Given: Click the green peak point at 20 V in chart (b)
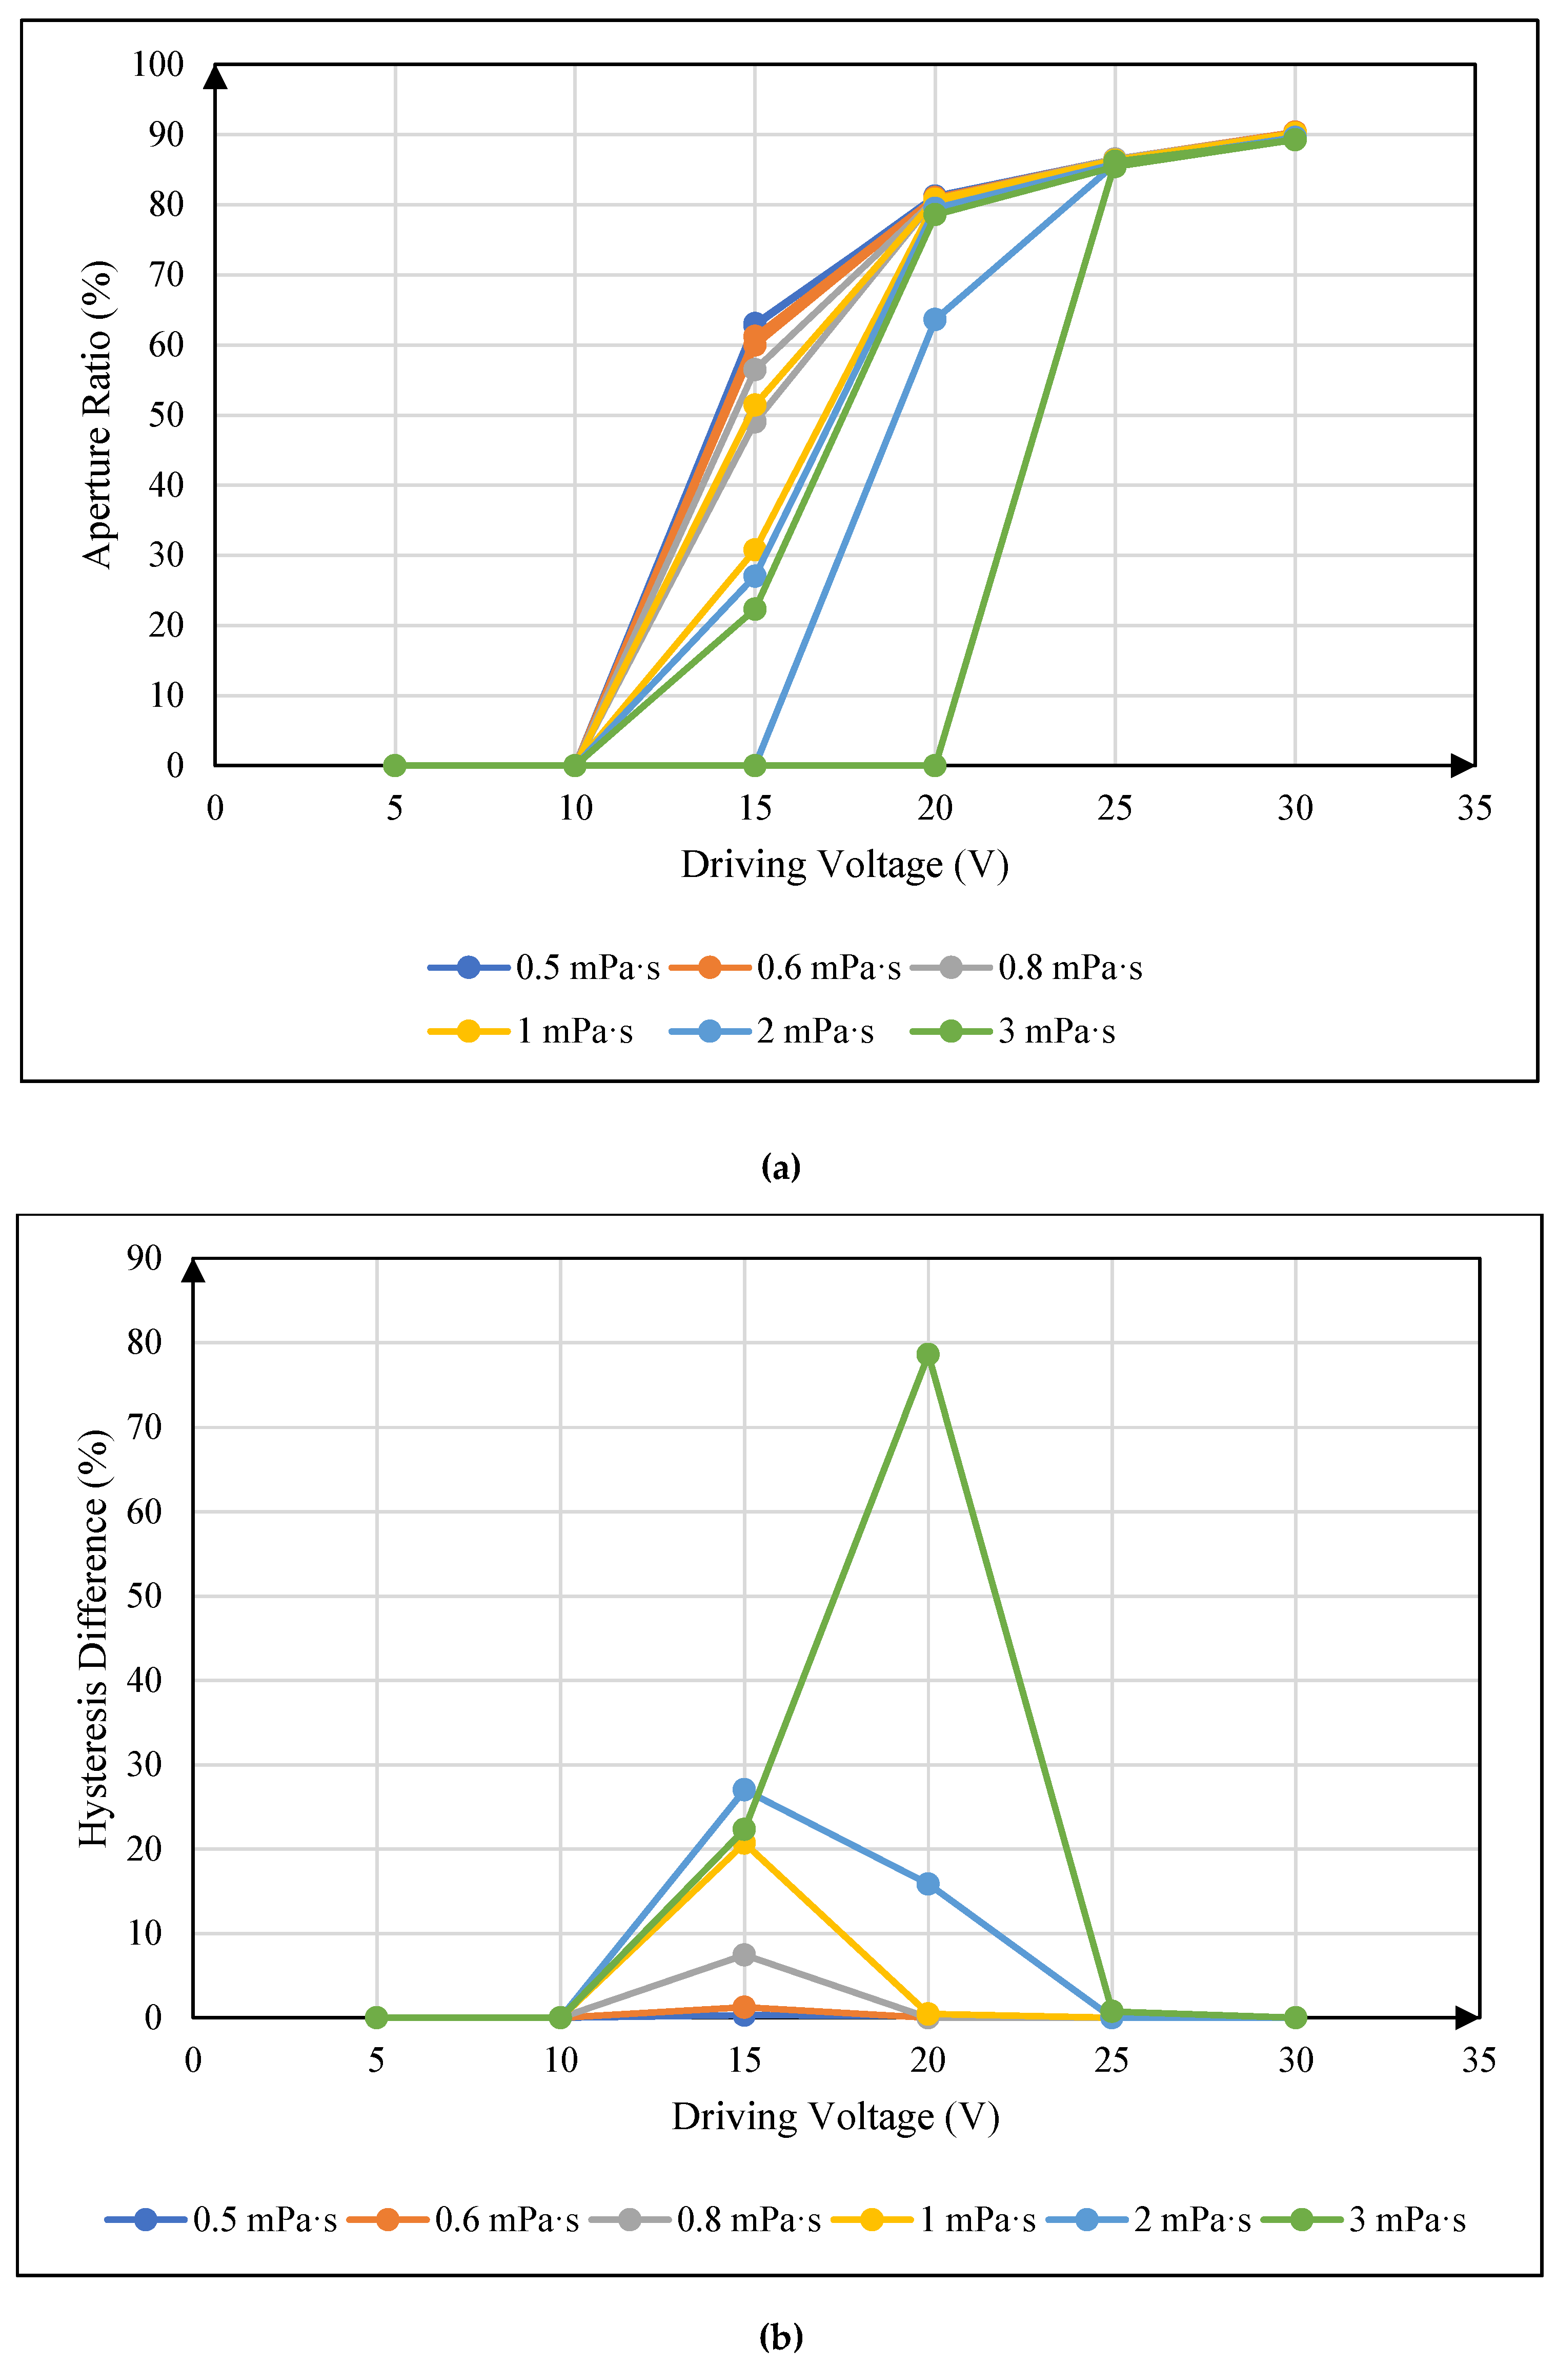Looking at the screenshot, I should click(927, 1354).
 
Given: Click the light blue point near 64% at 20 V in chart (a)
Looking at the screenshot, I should click(934, 319).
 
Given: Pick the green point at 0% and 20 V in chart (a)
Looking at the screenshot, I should click(934, 765).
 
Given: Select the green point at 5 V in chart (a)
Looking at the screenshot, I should click(395, 765).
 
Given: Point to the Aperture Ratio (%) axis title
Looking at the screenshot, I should click(97, 414).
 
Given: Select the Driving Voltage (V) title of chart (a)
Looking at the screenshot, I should click(844, 865).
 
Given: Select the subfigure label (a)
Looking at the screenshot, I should click(780, 1166).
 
